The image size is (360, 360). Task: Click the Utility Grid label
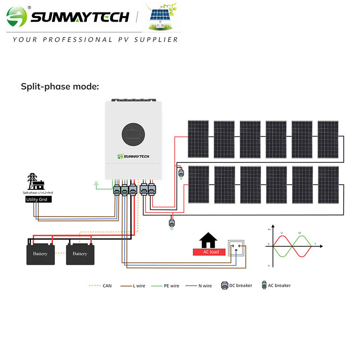[39, 199]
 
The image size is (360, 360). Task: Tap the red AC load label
[209, 252]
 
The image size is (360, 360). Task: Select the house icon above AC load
[208, 239]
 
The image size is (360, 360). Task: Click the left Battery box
[40, 253]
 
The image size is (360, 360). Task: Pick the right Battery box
[80, 253]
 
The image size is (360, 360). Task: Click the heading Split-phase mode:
[60, 86]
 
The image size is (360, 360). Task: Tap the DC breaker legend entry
[237, 285]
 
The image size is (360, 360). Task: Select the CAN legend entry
[102, 286]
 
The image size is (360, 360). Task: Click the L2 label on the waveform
[300, 233]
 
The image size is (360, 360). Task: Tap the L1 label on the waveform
[282, 233]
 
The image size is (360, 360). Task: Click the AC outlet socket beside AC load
[236, 247]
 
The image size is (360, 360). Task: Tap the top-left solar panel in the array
[198, 139]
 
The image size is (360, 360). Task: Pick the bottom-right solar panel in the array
[328, 184]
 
